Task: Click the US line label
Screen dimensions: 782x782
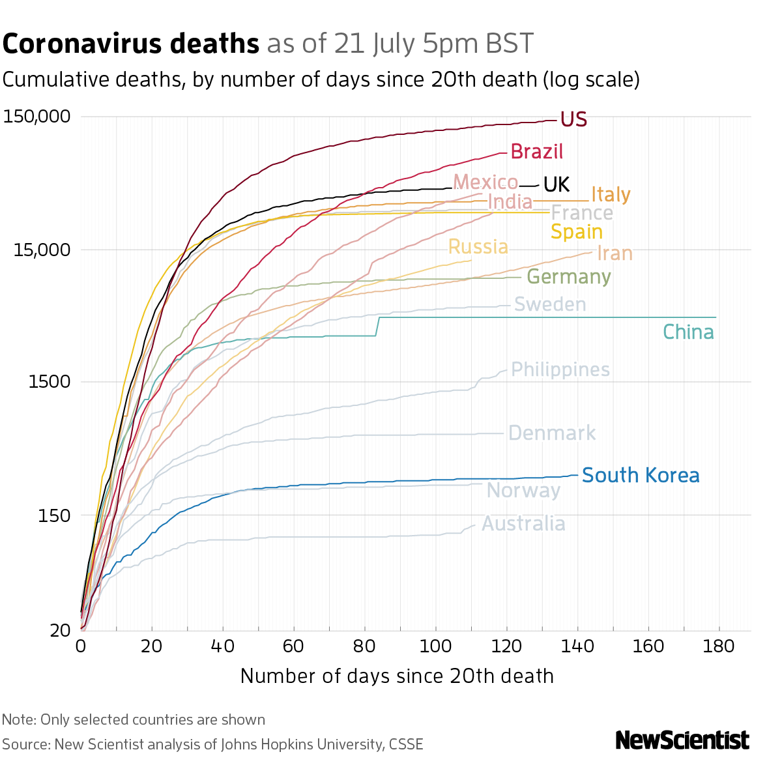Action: [x=573, y=120]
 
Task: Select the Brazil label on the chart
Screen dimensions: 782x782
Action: [x=536, y=152]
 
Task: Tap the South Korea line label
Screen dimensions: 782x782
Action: [x=640, y=476]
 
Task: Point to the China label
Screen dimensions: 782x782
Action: [x=688, y=332]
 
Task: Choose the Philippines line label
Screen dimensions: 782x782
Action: [x=560, y=370]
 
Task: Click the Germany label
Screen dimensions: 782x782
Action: [x=568, y=277]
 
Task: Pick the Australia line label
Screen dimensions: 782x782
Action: [x=523, y=524]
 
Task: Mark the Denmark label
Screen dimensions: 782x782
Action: [x=551, y=433]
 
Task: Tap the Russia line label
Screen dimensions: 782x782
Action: [x=478, y=247]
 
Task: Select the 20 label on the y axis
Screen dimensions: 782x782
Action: [x=60, y=630]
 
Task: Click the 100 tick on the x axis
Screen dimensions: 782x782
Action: [x=436, y=646]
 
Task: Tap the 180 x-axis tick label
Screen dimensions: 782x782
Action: [x=719, y=646]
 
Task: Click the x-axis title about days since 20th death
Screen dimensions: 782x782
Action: [x=397, y=676]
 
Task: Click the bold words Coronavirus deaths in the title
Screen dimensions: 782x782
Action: [x=131, y=44]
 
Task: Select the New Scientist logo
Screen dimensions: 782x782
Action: [x=682, y=740]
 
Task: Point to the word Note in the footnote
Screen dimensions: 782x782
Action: [x=18, y=720]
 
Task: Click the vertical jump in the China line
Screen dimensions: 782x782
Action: [x=379, y=326]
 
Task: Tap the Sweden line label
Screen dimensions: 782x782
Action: [x=550, y=304]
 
